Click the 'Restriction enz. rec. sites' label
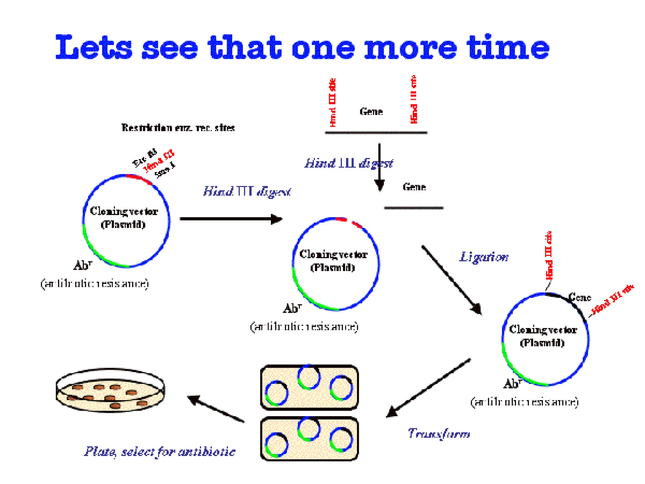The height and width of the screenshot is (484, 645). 178,128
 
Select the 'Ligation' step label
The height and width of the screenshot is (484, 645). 484,257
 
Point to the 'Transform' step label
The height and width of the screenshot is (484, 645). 439,434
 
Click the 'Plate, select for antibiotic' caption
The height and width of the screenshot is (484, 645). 160,452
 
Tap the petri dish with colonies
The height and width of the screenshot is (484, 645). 110,391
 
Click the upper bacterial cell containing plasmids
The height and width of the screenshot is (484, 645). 309,387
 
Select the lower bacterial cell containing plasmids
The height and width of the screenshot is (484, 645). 309,439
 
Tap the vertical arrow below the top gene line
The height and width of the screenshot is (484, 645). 380,167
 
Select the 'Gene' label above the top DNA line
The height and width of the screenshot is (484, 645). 371,112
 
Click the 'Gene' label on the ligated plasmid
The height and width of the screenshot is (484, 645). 579,297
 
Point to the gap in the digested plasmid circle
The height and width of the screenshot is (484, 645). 350,221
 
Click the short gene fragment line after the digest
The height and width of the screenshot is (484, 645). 414,208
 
